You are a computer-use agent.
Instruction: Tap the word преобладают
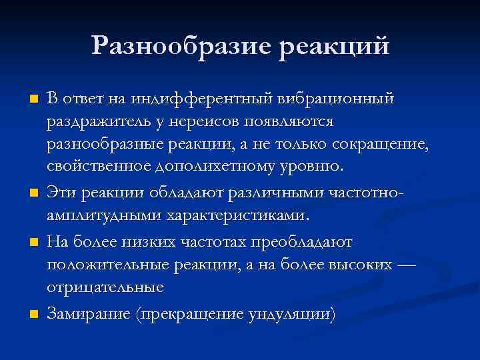(x=315, y=240)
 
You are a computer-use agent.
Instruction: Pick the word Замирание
(x=88, y=313)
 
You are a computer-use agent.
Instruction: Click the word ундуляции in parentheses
(x=289, y=313)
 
